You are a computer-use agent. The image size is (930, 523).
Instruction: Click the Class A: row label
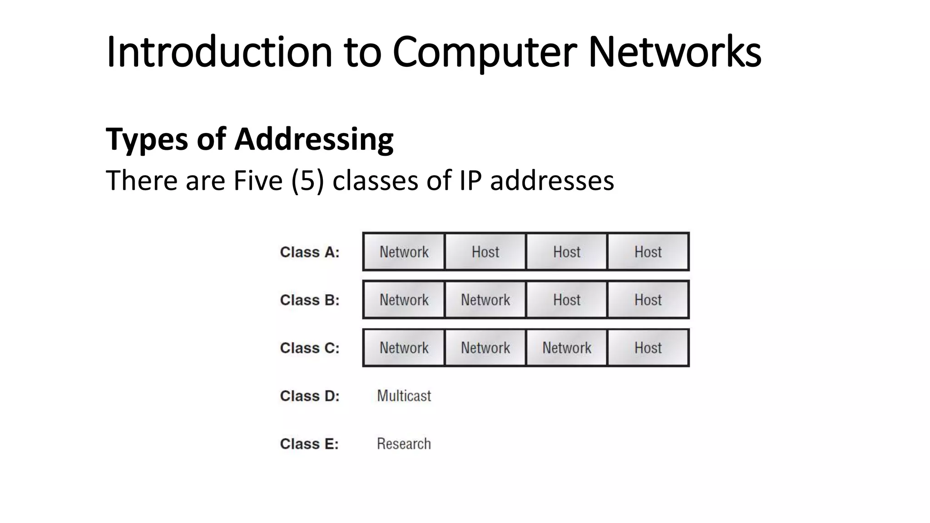[x=310, y=252]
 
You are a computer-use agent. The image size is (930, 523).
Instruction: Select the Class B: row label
[x=310, y=300]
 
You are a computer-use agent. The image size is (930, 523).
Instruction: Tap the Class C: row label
[x=310, y=348]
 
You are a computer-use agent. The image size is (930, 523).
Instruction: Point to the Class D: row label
[x=310, y=396]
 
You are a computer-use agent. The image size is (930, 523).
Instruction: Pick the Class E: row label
[x=309, y=444]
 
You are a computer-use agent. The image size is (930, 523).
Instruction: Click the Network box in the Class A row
[x=404, y=252]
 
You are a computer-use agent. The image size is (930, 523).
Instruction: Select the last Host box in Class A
[x=648, y=252]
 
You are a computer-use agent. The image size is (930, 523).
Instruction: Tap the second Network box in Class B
[x=485, y=300]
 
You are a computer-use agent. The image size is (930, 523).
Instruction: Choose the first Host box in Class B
[x=567, y=300]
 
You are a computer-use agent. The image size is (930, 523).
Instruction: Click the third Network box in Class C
[x=567, y=348]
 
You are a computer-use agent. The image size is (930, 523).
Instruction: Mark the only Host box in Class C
[x=648, y=348]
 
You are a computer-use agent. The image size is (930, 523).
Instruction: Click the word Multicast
[x=404, y=396]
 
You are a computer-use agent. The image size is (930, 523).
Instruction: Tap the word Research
[x=404, y=444]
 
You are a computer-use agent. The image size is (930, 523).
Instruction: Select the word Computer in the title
[x=484, y=52]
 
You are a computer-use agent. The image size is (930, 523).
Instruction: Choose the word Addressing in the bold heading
[x=314, y=139]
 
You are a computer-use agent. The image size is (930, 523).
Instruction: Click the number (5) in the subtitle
[x=308, y=181]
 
